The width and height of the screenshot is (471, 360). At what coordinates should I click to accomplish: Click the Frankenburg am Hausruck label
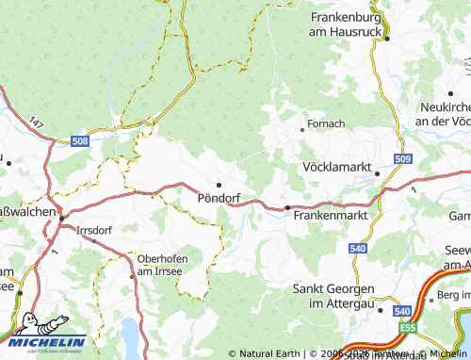point(349,25)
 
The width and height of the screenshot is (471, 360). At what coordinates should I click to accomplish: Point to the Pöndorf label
point(219,199)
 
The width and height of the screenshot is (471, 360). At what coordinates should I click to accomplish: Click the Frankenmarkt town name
point(329,216)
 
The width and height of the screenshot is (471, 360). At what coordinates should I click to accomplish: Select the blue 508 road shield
point(81,141)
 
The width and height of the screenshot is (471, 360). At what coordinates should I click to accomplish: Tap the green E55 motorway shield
point(407,328)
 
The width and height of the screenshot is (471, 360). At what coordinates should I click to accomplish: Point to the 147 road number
point(36,123)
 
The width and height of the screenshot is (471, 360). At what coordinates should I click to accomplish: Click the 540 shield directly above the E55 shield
point(403,311)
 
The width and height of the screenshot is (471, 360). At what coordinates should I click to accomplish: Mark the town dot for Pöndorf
point(219,185)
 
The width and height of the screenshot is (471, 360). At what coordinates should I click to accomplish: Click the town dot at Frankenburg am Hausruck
point(386,39)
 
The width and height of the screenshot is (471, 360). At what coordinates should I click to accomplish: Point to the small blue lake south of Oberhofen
point(130,333)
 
